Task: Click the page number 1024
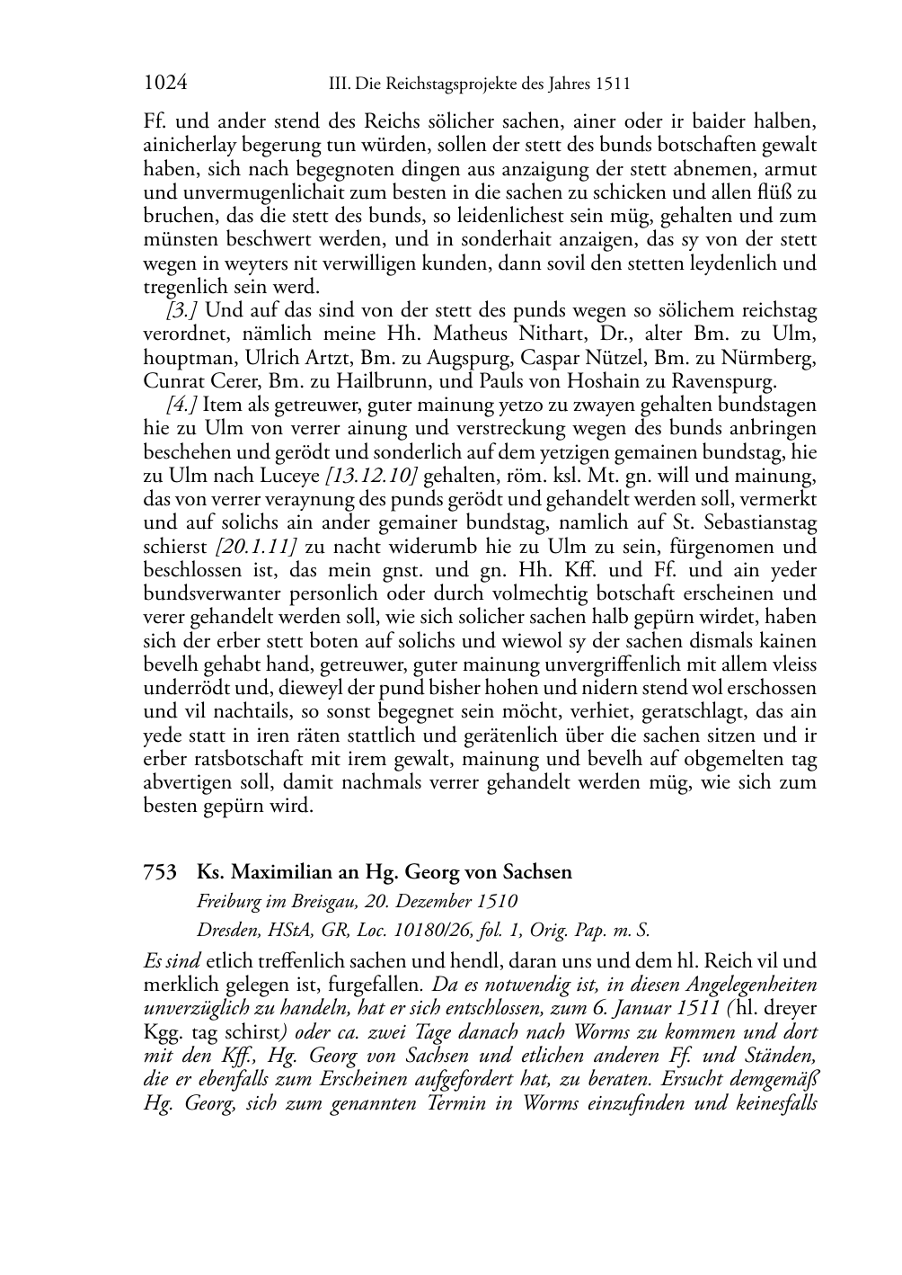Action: coord(164,84)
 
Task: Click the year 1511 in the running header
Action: coord(612,85)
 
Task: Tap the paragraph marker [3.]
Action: coord(182,311)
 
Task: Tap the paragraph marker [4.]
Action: coord(182,406)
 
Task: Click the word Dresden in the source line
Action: coord(227,930)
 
